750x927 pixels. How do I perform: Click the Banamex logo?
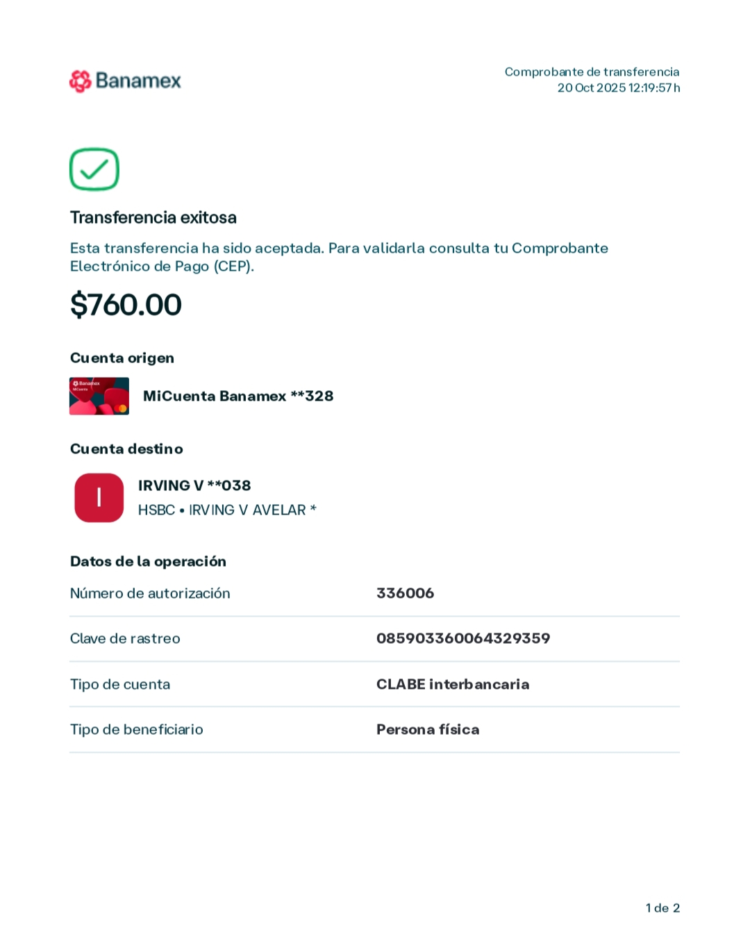tap(125, 81)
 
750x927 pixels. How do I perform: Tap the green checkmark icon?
tap(94, 169)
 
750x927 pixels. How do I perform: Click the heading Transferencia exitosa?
tap(153, 218)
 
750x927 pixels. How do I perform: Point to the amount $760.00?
tap(126, 305)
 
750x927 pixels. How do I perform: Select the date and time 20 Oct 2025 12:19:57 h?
tap(618, 88)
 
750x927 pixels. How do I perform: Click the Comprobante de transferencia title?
tap(592, 72)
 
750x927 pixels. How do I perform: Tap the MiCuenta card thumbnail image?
tap(99, 396)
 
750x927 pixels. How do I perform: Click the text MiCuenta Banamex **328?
tap(238, 396)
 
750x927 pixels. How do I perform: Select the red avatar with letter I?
tap(99, 498)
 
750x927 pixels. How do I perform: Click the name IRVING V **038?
tap(194, 486)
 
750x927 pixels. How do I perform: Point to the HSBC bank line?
tap(227, 510)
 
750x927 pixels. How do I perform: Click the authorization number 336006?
tap(405, 594)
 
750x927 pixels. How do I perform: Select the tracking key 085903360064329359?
tap(463, 639)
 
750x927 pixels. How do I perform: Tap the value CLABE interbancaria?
tap(453, 685)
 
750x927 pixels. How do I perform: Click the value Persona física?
tap(428, 730)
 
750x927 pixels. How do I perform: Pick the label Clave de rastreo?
tap(125, 639)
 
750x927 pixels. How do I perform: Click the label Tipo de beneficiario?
tap(137, 730)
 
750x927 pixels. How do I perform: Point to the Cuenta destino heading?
tap(126, 449)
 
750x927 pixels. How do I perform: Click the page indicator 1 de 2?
tap(662, 908)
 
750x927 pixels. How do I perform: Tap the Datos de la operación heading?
tap(148, 562)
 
